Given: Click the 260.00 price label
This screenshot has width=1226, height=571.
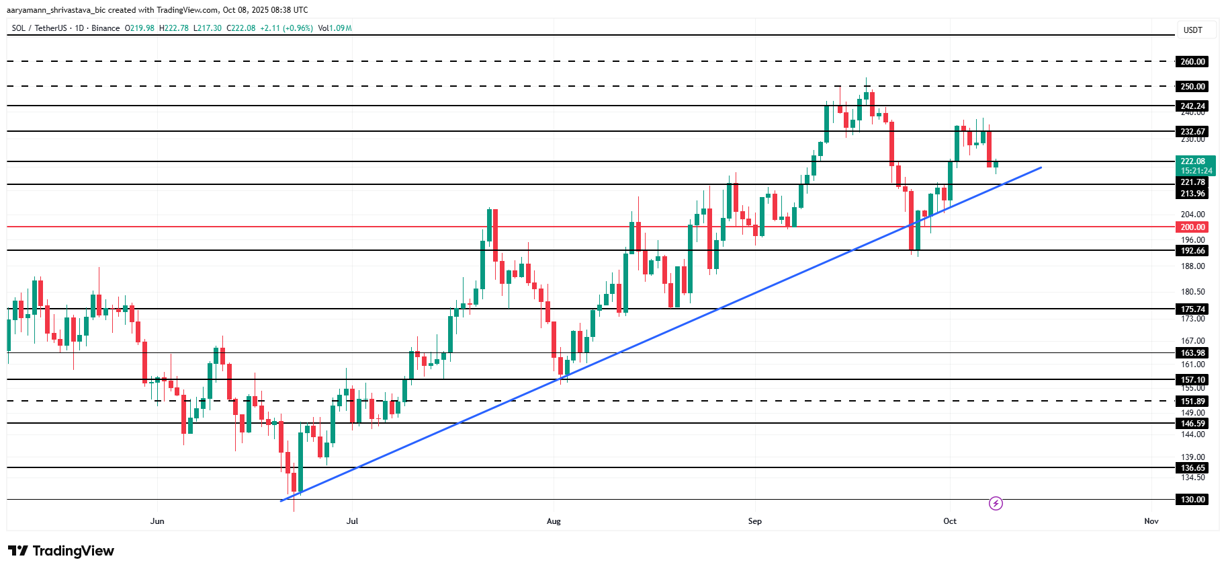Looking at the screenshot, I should pyautogui.click(x=1192, y=62).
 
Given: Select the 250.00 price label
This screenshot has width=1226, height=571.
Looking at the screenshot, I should pyautogui.click(x=1192, y=87).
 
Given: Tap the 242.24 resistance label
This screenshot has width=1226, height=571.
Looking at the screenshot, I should pyautogui.click(x=1192, y=106).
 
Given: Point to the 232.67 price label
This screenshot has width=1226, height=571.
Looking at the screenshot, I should pyautogui.click(x=1192, y=132).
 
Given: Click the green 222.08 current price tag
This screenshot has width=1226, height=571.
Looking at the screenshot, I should pyautogui.click(x=1196, y=165).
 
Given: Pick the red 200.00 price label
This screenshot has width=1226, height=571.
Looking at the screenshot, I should pyautogui.click(x=1192, y=227).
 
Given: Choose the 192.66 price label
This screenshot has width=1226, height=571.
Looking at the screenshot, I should pyautogui.click(x=1192, y=251).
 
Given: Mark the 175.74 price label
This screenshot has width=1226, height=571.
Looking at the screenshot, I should pyautogui.click(x=1192, y=309).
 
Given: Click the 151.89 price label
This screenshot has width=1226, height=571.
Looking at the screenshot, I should pyautogui.click(x=1192, y=402).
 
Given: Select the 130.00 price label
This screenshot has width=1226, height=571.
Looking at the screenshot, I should pyautogui.click(x=1192, y=500).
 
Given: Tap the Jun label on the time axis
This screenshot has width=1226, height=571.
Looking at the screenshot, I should pyautogui.click(x=157, y=521).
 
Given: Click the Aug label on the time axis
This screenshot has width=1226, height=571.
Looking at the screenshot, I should pyautogui.click(x=554, y=521).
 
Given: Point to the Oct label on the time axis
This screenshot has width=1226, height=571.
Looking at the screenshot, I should pyautogui.click(x=950, y=521).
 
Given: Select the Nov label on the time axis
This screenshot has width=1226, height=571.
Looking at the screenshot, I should pyautogui.click(x=1151, y=521).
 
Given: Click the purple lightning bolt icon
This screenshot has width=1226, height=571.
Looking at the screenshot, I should pyautogui.click(x=996, y=503).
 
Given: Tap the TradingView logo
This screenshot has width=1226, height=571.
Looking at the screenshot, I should pyautogui.click(x=61, y=551).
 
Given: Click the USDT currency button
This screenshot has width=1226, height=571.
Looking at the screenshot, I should pyautogui.click(x=1193, y=30).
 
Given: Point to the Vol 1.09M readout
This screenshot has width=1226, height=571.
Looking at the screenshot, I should pyautogui.click(x=335, y=28).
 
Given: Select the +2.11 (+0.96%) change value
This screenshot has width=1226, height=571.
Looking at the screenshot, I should pyautogui.click(x=286, y=28).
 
